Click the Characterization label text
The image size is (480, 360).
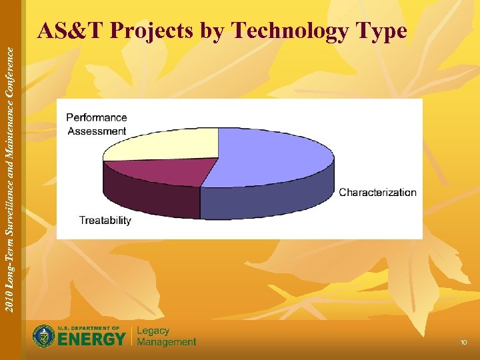tap(377, 193)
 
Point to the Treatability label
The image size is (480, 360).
tap(105, 221)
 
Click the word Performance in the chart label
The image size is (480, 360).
tap(97, 117)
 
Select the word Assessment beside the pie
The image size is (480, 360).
tap(97, 131)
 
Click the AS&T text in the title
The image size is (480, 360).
tap(71, 31)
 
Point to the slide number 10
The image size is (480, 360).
tap(463, 343)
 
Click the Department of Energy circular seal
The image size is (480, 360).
tap(44, 336)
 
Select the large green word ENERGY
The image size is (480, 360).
tap(91, 339)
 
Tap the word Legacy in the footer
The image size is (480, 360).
tap(153, 331)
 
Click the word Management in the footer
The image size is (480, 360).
tap(167, 342)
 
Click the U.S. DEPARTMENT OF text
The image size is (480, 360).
tap(89, 328)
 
